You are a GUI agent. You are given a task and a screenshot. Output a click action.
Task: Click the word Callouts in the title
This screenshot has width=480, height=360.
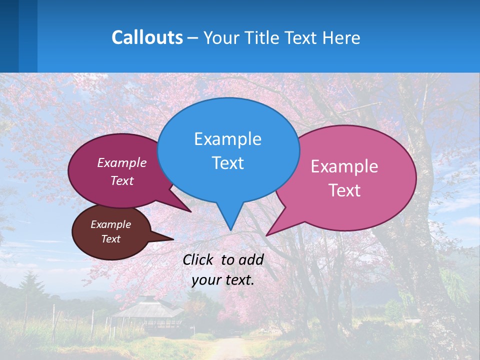click(x=147, y=37)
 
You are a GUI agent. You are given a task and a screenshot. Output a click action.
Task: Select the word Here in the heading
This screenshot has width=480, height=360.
click(x=341, y=38)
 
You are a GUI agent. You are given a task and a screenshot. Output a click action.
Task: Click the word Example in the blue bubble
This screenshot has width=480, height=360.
click(x=227, y=139)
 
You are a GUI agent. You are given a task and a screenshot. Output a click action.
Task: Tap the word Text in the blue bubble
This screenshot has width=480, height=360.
click(x=227, y=163)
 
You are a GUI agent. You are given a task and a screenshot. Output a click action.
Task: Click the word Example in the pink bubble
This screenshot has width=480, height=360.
click(x=344, y=166)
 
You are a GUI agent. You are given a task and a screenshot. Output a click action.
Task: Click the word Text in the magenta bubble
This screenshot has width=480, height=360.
click(x=122, y=181)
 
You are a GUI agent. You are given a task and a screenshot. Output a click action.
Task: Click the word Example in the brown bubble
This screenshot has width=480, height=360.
click(x=110, y=224)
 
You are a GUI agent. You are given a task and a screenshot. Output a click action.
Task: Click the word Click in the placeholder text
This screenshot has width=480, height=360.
click(x=199, y=259)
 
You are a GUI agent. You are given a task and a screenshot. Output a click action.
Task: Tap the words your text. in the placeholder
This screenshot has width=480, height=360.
click(x=223, y=280)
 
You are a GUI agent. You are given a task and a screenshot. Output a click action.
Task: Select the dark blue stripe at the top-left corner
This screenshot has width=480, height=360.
click(x=9, y=35)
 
